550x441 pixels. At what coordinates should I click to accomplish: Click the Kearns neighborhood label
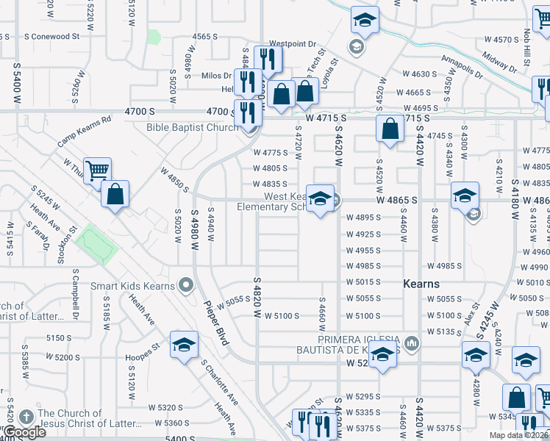421,284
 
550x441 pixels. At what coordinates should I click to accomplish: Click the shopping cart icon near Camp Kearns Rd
97,171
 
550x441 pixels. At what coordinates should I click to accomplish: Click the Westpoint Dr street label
292,44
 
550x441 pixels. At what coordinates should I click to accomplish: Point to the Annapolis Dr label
463,67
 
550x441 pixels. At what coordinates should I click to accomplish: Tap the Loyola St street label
329,75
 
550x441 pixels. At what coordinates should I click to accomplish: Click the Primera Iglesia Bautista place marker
411,343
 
